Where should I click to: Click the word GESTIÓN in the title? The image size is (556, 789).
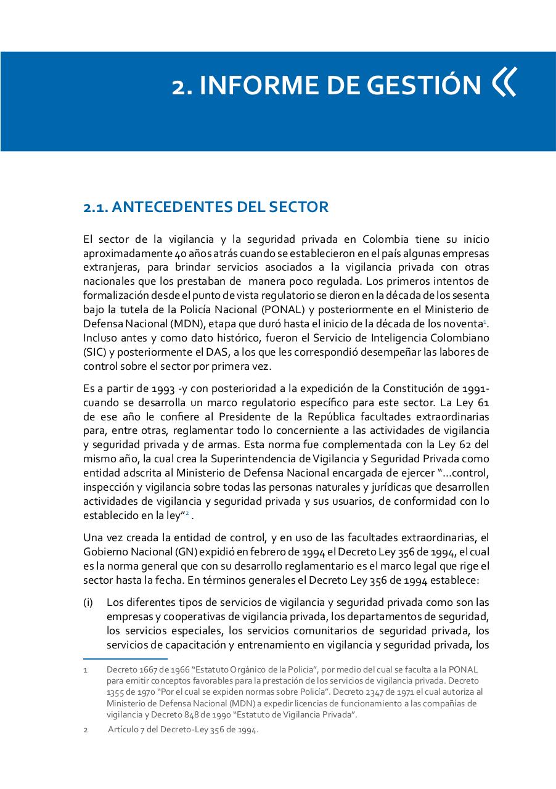click(x=424, y=85)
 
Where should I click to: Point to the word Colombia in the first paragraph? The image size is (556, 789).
click(x=385, y=240)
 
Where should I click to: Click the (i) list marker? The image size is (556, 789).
click(x=88, y=602)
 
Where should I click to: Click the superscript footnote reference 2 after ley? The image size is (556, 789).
click(x=187, y=513)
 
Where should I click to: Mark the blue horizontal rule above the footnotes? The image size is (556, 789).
click(x=125, y=659)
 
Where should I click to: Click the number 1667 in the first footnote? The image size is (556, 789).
click(x=148, y=669)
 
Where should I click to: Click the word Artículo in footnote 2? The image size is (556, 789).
click(x=126, y=730)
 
